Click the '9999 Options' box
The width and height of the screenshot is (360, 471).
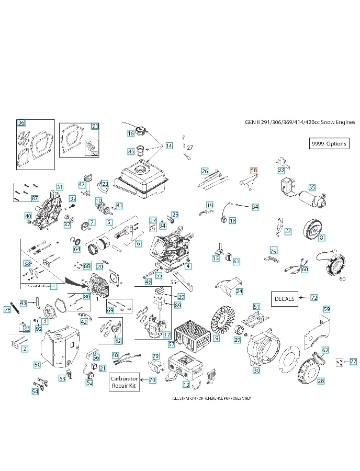(x=329, y=143)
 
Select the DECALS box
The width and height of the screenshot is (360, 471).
(x=285, y=299)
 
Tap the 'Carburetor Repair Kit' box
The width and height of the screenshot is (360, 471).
(x=123, y=382)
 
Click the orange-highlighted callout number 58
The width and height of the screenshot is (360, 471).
(x=254, y=171)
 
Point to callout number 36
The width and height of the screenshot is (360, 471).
(x=21, y=123)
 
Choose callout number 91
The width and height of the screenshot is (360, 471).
(x=95, y=126)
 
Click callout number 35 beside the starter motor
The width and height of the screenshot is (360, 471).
(x=312, y=187)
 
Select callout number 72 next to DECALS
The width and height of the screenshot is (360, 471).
(x=314, y=298)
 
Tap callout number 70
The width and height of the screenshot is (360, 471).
(x=152, y=380)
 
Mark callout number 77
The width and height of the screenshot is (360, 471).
(x=354, y=361)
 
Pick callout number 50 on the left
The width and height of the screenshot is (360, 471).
(x=37, y=364)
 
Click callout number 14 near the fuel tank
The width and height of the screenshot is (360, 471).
(x=169, y=145)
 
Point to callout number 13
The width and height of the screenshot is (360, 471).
(x=186, y=385)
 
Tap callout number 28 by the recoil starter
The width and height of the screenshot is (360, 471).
(x=321, y=381)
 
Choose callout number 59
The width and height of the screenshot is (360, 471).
(x=327, y=309)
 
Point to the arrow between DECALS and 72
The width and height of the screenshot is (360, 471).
(x=304, y=298)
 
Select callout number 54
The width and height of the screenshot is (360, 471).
(x=35, y=391)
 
